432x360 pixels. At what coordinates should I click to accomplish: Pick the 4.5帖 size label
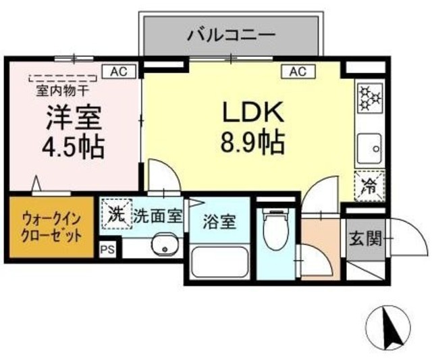click(x=74, y=147)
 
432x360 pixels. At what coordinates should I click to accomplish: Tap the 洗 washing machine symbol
click(x=116, y=215)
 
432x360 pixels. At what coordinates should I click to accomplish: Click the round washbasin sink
click(x=162, y=246)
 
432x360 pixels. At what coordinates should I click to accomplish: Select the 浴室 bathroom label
click(x=218, y=220)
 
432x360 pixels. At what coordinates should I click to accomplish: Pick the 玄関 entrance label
click(x=365, y=238)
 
